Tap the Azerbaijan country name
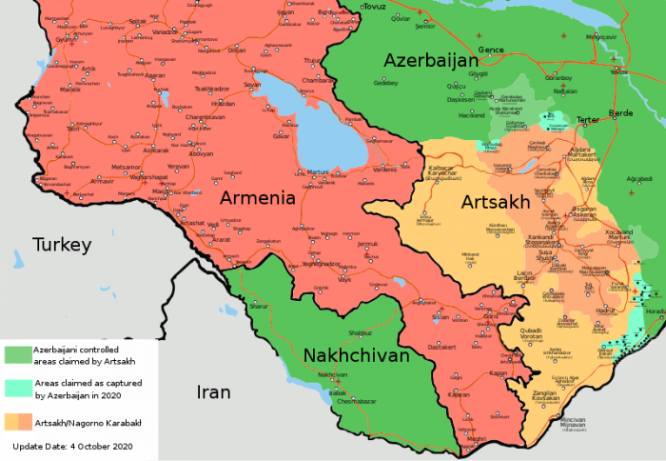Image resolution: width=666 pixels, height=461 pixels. [x=430, y=61]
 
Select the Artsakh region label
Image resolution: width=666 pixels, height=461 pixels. [x=492, y=202]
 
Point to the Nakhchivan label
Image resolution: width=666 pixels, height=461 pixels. [x=356, y=355]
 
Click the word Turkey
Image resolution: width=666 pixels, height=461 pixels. [x=62, y=245]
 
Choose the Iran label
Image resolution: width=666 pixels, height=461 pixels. [x=213, y=391]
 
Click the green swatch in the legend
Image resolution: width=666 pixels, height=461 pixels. [x=17, y=354]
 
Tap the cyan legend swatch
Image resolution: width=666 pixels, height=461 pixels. [x=17, y=388]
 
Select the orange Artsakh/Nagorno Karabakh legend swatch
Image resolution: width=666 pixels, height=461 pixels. [x=17, y=421]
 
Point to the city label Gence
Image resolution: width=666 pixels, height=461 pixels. [x=490, y=49]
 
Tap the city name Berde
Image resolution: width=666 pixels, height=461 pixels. [x=620, y=112]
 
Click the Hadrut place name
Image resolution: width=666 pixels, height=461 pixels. [x=606, y=311]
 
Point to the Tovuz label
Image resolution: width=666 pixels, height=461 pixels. [x=374, y=7]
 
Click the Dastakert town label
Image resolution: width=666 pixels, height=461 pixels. [x=442, y=347]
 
